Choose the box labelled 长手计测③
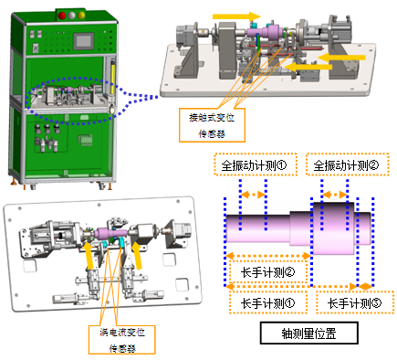tap(354, 302)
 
